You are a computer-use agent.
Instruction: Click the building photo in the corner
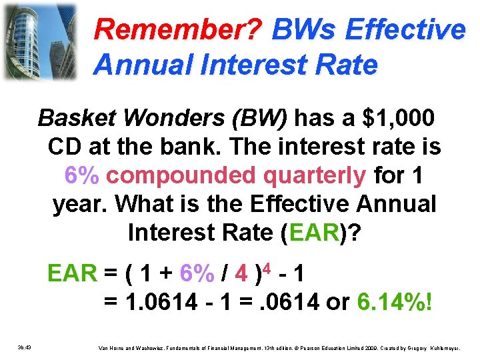tap(39, 41)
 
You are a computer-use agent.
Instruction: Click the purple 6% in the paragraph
tap(83, 175)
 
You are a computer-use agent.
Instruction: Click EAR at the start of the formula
tap(71, 274)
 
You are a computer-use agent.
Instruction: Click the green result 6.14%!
tap(395, 302)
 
